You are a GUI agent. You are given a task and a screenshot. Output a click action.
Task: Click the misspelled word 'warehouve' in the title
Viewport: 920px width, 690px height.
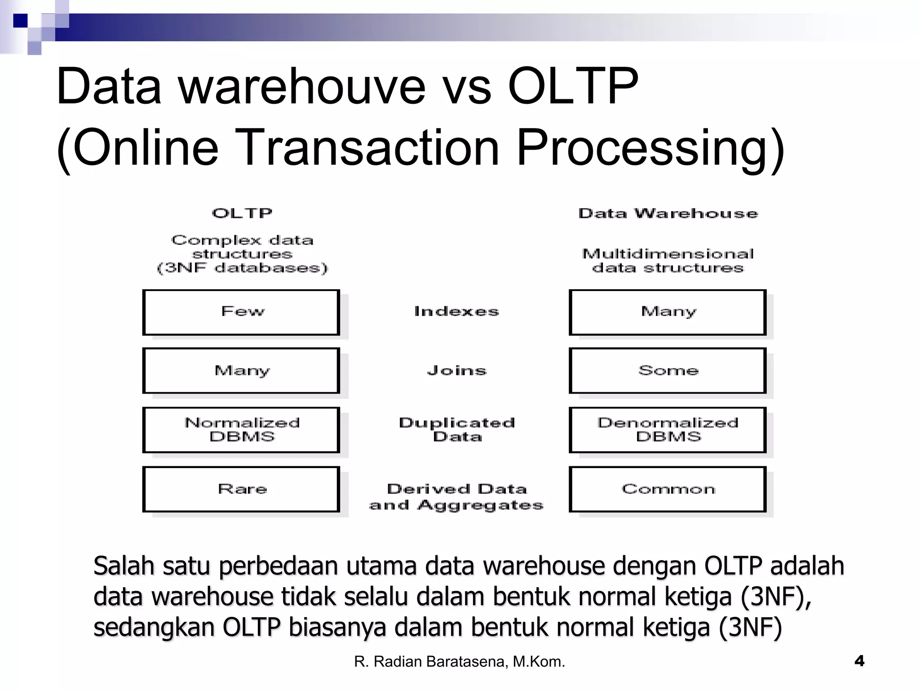pyautogui.click(x=302, y=86)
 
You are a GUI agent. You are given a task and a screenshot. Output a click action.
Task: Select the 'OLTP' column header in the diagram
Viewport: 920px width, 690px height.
pyautogui.click(x=242, y=213)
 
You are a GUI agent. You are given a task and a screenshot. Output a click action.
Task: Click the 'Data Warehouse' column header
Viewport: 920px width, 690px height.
pyautogui.click(x=668, y=213)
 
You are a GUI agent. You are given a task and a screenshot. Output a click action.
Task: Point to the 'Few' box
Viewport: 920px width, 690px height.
pyautogui.click(x=241, y=312)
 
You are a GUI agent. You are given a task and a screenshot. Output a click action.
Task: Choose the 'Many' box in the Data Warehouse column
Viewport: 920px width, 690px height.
pyautogui.click(x=668, y=312)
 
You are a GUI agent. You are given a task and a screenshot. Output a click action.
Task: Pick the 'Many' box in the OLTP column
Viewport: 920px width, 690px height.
pyautogui.click(x=241, y=371)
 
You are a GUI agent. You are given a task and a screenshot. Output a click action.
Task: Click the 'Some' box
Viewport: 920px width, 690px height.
pyautogui.click(x=668, y=371)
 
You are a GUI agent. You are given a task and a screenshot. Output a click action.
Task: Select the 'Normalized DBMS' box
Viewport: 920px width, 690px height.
pyautogui.click(x=241, y=430)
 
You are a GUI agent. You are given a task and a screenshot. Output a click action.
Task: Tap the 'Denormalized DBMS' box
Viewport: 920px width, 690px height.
pyautogui.click(x=668, y=430)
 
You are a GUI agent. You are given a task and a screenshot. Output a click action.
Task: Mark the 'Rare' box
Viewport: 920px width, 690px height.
pyautogui.click(x=241, y=489)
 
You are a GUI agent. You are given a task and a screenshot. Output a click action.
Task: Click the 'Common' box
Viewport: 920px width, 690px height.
pyautogui.click(x=668, y=489)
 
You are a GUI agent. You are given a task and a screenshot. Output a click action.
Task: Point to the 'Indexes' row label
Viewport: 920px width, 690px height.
pyautogui.click(x=456, y=311)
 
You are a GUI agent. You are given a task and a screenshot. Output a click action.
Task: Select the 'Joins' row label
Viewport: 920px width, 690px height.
pyautogui.click(x=456, y=371)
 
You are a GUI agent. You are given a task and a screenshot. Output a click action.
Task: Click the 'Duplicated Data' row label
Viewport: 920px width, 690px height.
pyautogui.click(x=456, y=429)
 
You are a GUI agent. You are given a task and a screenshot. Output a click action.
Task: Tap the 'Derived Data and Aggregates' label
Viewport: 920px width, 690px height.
pyautogui.click(x=456, y=497)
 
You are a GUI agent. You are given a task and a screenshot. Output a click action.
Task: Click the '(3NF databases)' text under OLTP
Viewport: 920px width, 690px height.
pyautogui.click(x=242, y=268)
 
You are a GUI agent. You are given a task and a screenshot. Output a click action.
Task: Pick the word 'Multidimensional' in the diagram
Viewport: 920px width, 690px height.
pyautogui.click(x=668, y=254)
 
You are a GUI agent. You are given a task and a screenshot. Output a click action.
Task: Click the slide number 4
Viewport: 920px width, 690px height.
pyautogui.click(x=859, y=661)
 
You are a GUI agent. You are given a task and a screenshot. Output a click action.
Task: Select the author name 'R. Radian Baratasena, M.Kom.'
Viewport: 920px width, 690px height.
pyautogui.click(x=459, y=662)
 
